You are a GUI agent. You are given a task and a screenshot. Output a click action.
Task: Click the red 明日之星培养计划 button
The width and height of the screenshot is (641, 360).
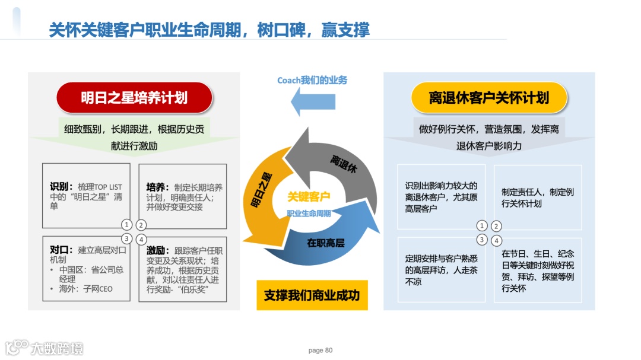coord(134,98)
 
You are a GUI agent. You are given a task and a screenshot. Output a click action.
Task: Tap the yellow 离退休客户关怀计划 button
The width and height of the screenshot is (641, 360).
coord(489,98)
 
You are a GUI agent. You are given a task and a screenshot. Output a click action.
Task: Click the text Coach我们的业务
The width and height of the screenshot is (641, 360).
coord(312,80)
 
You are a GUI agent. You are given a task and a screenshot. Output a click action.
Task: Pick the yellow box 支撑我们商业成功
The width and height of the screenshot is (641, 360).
coord(312,295)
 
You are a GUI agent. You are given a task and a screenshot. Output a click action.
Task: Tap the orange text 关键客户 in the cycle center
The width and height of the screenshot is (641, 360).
coord(309,196)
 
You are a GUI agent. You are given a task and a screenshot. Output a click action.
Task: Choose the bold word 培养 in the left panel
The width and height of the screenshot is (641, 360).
coord(156,187)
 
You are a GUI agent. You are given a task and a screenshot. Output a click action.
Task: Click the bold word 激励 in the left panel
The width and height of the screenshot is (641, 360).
coord(156,250)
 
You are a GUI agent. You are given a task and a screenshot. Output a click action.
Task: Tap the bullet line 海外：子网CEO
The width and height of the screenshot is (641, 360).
coord(83,289)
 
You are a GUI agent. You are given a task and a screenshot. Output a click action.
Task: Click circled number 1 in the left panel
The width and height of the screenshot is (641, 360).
coord(126,225)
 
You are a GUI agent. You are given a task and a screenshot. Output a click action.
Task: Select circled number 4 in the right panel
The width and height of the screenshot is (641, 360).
coord(497,240)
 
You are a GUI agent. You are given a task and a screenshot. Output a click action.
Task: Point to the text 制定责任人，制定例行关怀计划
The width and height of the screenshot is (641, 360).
coord(538,198)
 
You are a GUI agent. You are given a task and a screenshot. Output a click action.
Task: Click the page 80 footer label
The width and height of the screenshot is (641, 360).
coord(320,350)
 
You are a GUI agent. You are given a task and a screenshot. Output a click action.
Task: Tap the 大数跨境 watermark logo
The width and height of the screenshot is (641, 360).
coord(45,348)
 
